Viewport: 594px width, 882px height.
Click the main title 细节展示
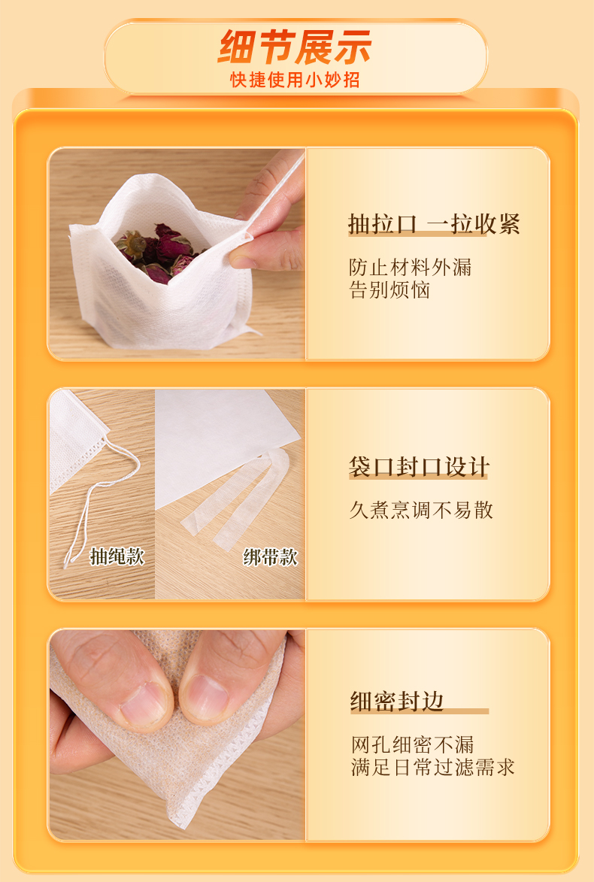click(x=295, y=47)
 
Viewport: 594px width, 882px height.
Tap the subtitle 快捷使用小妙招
click(x=295, y=80)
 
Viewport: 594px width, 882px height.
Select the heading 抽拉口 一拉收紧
click(x=434, y=224)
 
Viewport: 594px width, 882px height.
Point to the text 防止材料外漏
click(x=410, y=267)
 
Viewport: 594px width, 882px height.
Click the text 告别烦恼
click(x=389, y=290)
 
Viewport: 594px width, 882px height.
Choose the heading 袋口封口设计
click(x=419, y=467)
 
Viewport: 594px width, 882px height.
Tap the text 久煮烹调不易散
click(x=421, y=511)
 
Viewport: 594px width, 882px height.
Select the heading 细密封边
click(x=397, y=702)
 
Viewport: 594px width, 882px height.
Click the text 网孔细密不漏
click(x=413, y=744)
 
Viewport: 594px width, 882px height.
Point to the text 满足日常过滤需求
click(x=433, y=767)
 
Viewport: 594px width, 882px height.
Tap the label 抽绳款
click(x=117, y=556)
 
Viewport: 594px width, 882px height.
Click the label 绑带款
click(x=270, y=557)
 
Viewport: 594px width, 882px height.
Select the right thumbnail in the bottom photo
click(x=205, y=698)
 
